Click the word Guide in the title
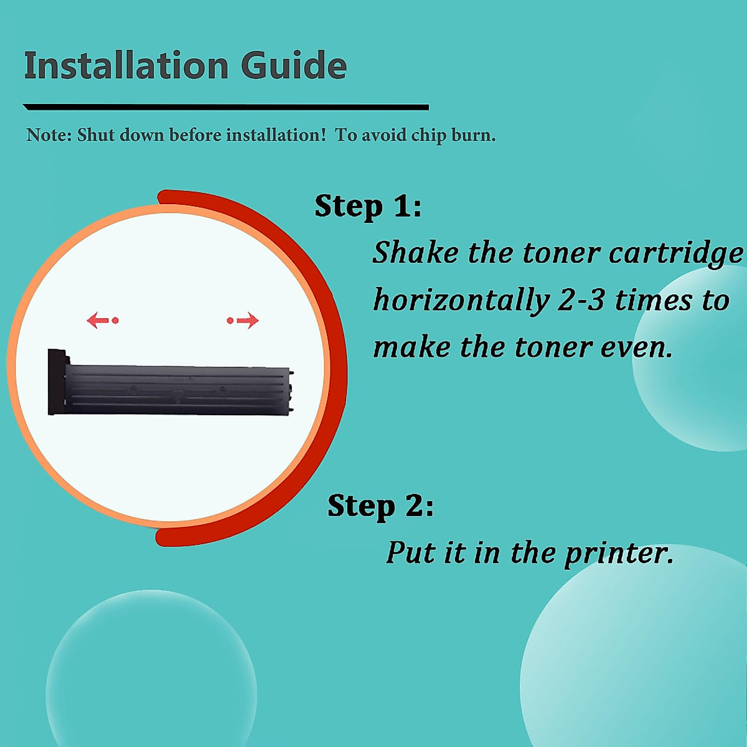[x=293, y=66]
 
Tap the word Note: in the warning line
[x=49, y=135]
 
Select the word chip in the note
[x=428, y=136]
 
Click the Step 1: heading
[x=368, y=206]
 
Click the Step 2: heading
[x=380, y=505]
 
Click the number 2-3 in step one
[x=581, y=301]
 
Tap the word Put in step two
[x=411, y=552]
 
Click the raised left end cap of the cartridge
[x=57, y=382]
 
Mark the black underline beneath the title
[x=225, y=108]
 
